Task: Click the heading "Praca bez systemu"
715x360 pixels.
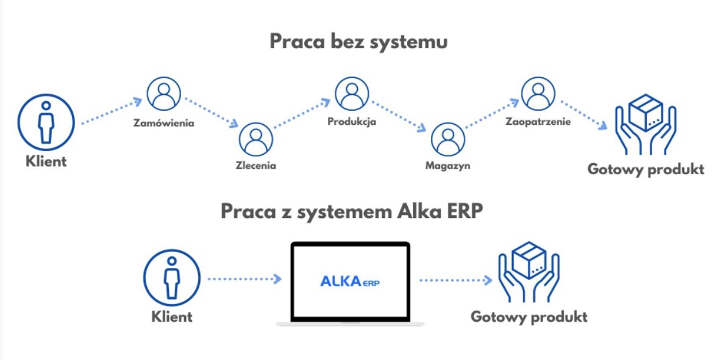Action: (x=358, y=43)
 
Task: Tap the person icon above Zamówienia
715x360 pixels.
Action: (x=164, y=95)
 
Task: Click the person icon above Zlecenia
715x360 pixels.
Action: (x=255, y=139)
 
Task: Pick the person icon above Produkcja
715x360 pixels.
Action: (x=351, y=94)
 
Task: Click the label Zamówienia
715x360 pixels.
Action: (x=164, y=124)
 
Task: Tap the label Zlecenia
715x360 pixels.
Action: (x=255, y=166)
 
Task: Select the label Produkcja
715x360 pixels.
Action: (x=352, y=121)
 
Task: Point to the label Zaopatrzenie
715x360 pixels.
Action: (x=538, y=122)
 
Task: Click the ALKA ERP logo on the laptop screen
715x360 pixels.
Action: (x=349, y=281)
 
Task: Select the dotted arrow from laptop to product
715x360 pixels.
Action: (x=455, y=280)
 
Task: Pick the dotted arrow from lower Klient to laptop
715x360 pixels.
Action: (x=244, y=279)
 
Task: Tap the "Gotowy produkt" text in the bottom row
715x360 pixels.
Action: (x=528, y=317)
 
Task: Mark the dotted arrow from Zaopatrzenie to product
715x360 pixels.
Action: (x=584, y=114)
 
